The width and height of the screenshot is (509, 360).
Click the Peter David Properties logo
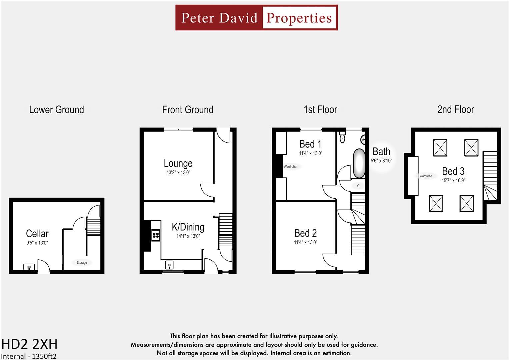click(256, 18)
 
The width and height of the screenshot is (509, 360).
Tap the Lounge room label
click(178, 163)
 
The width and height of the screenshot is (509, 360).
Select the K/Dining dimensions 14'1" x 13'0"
click(188, 236)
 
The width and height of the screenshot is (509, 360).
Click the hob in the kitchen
click(156, 235)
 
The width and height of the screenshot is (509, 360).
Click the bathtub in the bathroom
click(359, 163)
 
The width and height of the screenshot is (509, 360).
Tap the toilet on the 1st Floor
click(342, 137)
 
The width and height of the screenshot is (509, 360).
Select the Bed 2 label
click(305, 233)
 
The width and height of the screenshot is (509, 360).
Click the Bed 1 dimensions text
click(310, 153)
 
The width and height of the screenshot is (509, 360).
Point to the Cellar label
click(37, 233)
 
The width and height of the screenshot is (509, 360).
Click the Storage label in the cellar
click(82, 263)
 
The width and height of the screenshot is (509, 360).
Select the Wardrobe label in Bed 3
click(426, 176)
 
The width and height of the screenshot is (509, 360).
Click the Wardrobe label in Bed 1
click(290, 167)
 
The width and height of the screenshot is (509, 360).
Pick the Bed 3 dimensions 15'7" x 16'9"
click(453, 181)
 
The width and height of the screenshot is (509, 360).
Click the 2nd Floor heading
click(455, 110)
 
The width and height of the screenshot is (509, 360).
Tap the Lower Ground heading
click(56, 110)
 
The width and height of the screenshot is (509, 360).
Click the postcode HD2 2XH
click(29, 344)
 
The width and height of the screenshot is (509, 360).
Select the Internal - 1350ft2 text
click(29, 356)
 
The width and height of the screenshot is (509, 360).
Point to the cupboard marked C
click(358, 186)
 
